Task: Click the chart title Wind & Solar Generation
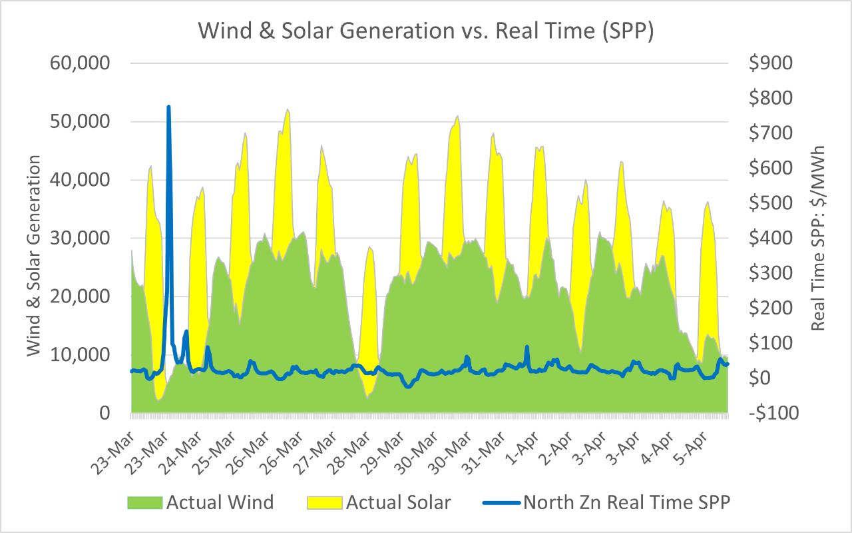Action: click(425, 31)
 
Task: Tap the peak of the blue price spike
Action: click(168, 107)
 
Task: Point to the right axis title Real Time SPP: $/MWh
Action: click(819, 237)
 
